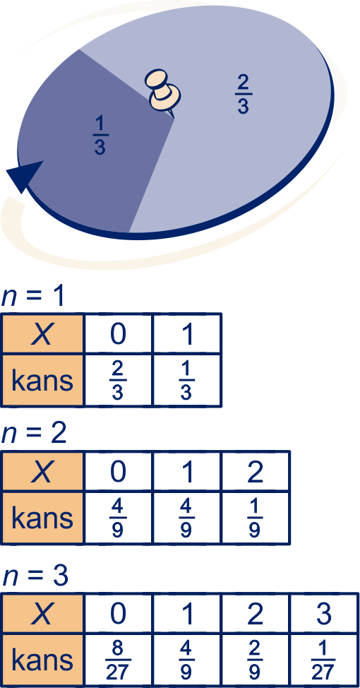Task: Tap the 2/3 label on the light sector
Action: pyautogui.click(x=244, y=95)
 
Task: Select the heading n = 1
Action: pyautogui.click(x=33, y=297)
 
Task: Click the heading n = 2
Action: pyautogui.click(x=34, y=434)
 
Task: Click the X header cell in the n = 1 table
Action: pyautogui.click(x=42, y=334)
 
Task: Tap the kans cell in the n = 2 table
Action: pyautogui.click(x=42, y=518)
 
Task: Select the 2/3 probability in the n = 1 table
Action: pyautogui.click(x=117, y=381)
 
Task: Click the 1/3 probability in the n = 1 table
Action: pyautogui.click(x=186, y=381)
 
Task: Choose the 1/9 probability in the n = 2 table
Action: pyautogui.click(x=255, y=519)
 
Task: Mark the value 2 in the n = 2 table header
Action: pyautogui.click(x=255, y=472)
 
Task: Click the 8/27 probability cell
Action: pyautogui.click(x=117, y=660)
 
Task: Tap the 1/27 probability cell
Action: pyautogui.click(x=323, y=660)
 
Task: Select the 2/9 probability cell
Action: pyautogui.click(x=255, y=660)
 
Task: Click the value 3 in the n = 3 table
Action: pyautogui.click(x=323, y=614)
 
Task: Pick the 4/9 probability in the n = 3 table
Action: pyautogui.click(x=186, y=660)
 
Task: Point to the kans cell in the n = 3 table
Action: pyautogui.click(x=42, y=660)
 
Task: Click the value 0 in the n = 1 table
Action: pyautogui.click(x=117, y=334)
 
